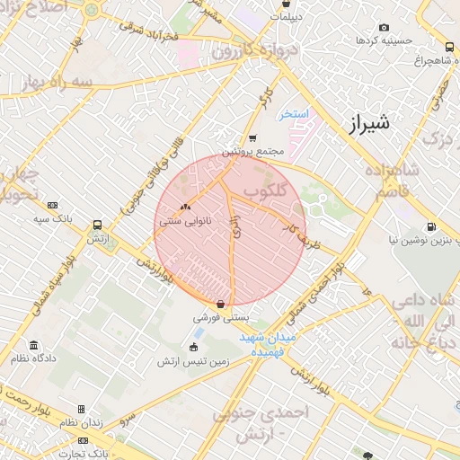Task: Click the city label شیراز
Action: click(367, 122)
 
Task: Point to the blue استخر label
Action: click(293, 114)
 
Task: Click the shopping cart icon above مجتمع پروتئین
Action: click(252, 138)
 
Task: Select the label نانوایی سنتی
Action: click(185, 218)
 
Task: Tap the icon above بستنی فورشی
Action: click(221, 304)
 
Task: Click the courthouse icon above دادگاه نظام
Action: click(34, 346)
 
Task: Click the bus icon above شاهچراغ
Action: click(449, 47)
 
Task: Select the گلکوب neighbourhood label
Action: click(264, 191)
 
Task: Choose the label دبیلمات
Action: click(286, 17)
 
